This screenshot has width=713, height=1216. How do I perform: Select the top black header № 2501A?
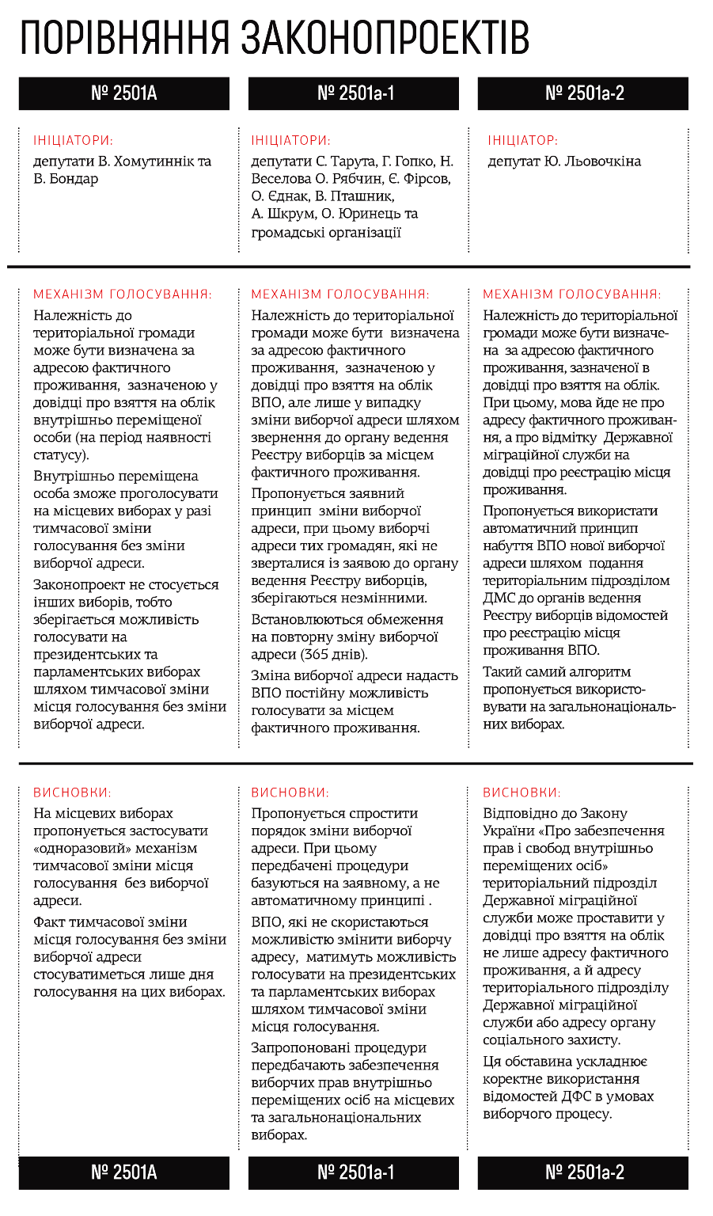tap(124, 93)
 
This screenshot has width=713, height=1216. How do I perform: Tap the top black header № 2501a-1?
tap(354, 93)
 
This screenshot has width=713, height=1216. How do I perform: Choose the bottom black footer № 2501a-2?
tap(583, 1172)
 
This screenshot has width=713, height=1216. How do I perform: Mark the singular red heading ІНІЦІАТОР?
tap(522, 141)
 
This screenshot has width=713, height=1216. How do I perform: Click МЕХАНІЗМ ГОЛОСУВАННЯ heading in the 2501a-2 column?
tap(572, 294)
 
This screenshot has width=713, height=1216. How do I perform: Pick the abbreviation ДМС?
tap(499, 598)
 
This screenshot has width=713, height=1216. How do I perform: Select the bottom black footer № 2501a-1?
tap(354, 1172)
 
